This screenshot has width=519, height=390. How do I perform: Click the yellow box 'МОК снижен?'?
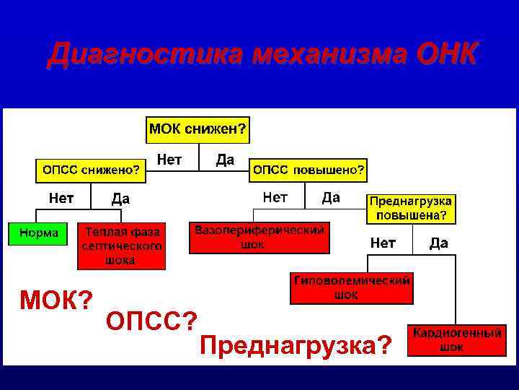tap(198, 129)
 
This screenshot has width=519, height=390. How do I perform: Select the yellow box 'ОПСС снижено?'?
tap(91, 170)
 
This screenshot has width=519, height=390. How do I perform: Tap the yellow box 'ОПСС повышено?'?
tap(308, 170)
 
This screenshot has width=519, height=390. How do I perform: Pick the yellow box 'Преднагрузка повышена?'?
tap(411, 208)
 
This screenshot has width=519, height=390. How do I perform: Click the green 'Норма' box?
tap(38, 233)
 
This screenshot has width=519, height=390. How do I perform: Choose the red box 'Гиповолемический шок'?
tap(352, 287)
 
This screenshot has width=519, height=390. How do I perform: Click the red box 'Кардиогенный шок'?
tap(456, 340)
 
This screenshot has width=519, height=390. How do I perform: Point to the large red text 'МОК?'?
tap(56, 298)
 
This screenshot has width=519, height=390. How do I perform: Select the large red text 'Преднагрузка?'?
tap(296, 345)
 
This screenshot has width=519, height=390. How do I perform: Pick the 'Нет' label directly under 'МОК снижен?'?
tap(169, 160)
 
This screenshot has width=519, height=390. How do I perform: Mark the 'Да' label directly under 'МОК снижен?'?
tap(226, 160)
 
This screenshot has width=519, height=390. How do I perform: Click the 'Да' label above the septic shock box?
tap(120, 199)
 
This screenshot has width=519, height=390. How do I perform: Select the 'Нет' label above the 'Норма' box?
tap(61, 196)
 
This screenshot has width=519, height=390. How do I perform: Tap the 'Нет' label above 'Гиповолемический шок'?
tap(382, 243)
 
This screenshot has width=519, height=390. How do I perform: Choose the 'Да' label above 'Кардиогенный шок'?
tap(438, 243)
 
